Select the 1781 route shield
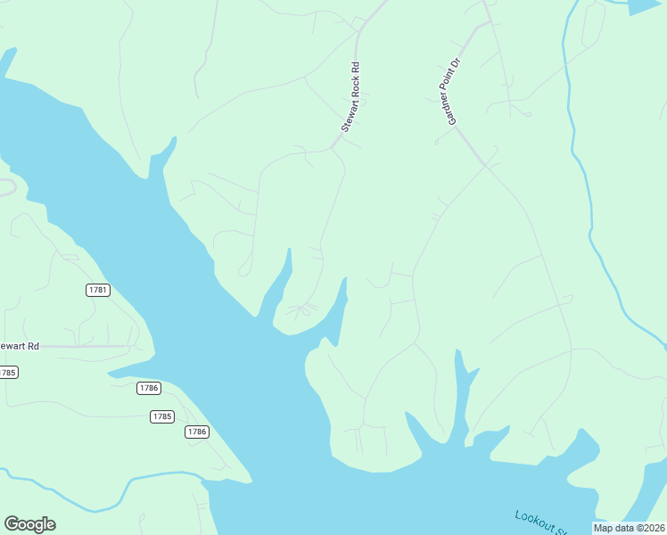(x=98, y=290)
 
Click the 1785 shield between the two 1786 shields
(x=161, y=416)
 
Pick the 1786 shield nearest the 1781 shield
(x=149, y=388)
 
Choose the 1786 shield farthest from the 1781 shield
(x=196, y=432)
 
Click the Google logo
(x=29, y=524)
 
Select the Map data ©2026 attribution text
(x=630, y=528)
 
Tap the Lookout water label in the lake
(x=540, y=523)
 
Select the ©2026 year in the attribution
(x=650, y=528)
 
